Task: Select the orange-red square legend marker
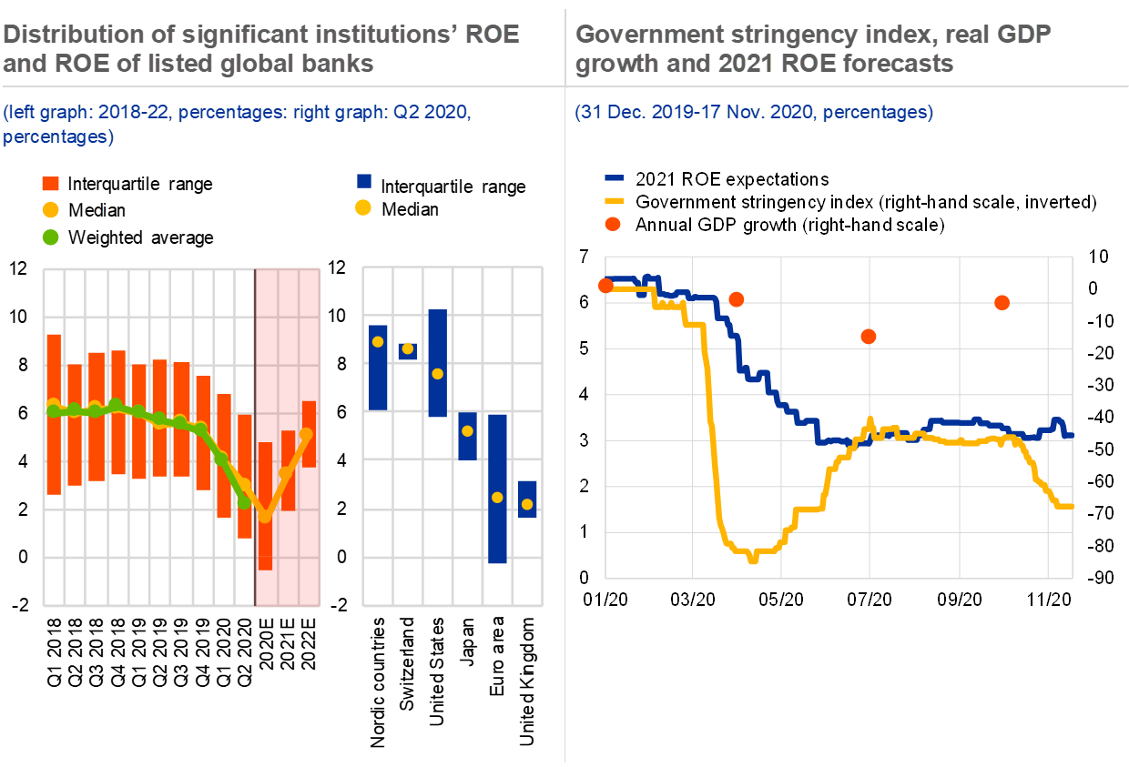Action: coord(51,184)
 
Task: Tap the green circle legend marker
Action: coord(51,237)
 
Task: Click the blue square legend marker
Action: coord(364,181)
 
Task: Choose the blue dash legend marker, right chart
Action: coord(614,178)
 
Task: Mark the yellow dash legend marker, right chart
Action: coord(614,200)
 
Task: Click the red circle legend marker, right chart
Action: coord(613,224)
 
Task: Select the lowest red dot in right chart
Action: coord(868,337)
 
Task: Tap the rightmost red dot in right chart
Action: coord(1002,303)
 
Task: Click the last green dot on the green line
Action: coord(243,502)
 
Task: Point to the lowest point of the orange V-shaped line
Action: coord(265,516)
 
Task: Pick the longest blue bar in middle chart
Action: coord(497,489)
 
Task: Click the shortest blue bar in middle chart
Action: coord(407,350)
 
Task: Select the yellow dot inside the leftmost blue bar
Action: coord(378,341)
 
